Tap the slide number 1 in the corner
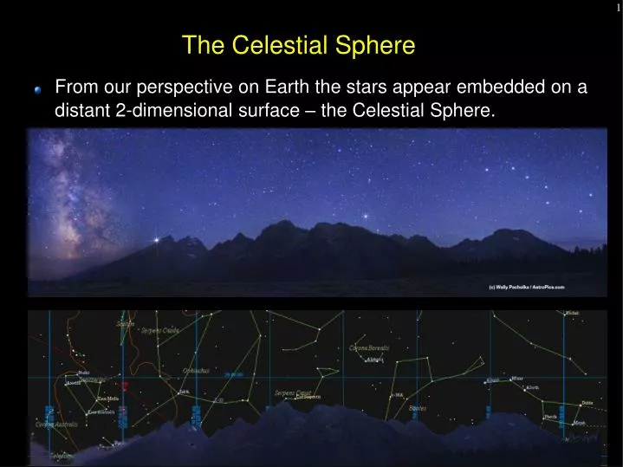pyautogui.click(x=618, y=7)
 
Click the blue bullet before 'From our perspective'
pyautogui.click(x=38, y=89)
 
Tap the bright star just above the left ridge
pyautogui.click(x=156, y=240)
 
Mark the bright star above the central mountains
pyautogui.click(x=365, y=216)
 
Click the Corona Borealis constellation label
pyautogui.click(x=369, y=347)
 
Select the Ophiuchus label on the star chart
pyautogui.click(x=195, y=370)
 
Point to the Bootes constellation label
pyautogui.click(x=418, y=407)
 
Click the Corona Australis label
pyautogui.click(x=57, y=425)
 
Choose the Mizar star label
pyautogui.click(x=516, y=378)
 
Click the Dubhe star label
pyautogui.click(x=587, y=403)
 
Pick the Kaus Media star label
pyautogui.click(x=107, y=399)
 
